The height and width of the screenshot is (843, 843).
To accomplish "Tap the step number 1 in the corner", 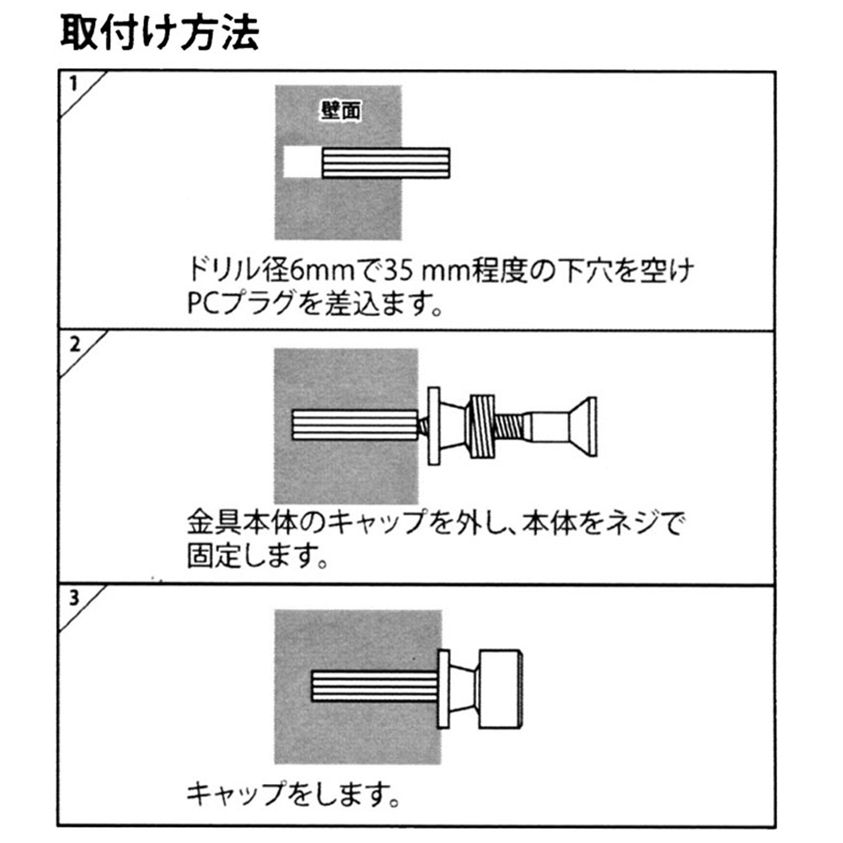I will point(74,83).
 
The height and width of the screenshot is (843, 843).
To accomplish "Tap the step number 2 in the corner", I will point(74,343).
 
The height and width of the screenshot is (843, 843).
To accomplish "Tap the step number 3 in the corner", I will point(74,599).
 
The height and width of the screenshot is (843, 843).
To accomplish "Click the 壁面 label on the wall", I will point(341,112).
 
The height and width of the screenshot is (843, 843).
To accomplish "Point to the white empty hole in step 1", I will point(301,163).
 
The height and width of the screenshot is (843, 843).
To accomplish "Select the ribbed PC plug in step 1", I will point(385,163).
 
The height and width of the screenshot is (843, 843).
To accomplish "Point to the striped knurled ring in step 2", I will point(482,427).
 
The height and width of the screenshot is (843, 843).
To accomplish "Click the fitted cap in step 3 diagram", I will point(502,690).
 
